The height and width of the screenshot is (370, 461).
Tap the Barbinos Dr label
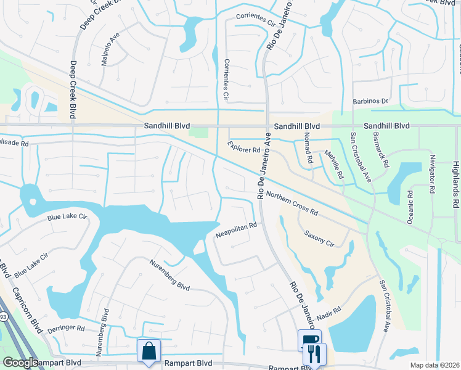click(370, 101)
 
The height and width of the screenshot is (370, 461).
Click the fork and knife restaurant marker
click(316, 354)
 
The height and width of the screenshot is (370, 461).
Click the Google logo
click(20, 363)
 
